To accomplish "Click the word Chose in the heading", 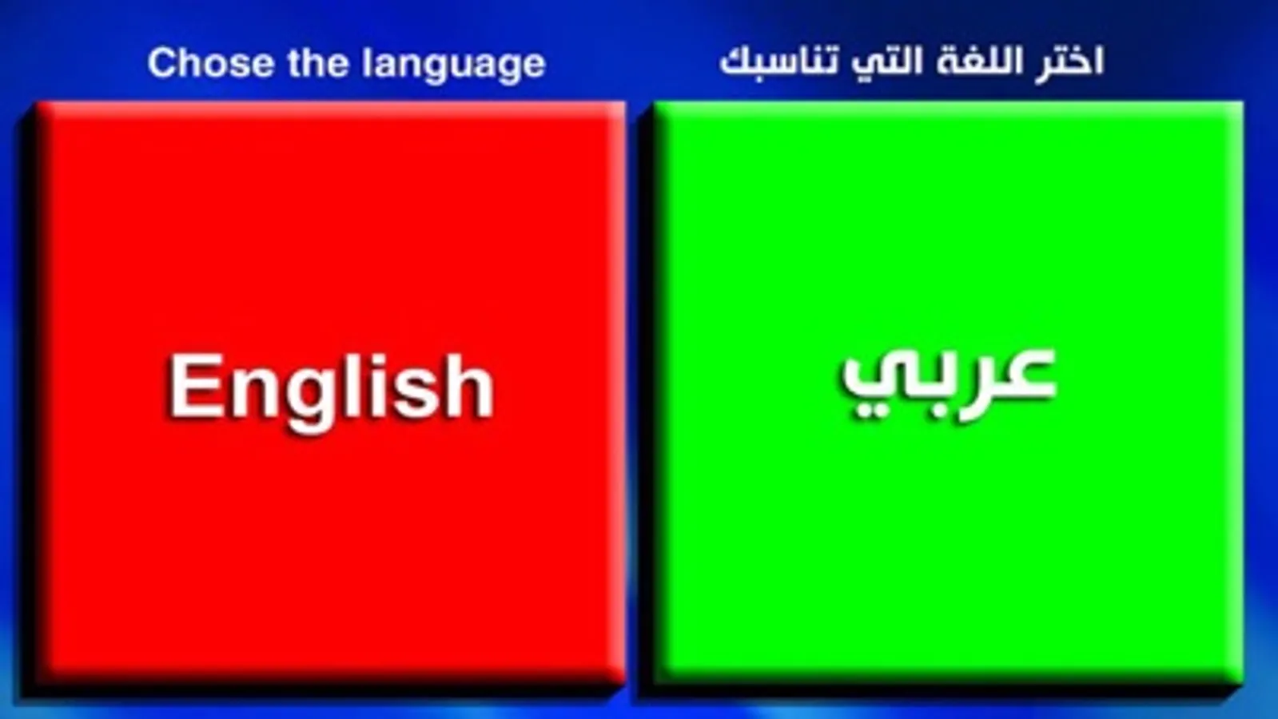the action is point(211,62).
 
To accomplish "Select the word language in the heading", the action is point(454,65).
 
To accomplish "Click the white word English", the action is point(331,389).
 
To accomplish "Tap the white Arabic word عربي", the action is point(948,381).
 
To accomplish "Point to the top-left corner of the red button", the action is point(35,102).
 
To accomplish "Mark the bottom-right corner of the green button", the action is point(1244,684).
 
